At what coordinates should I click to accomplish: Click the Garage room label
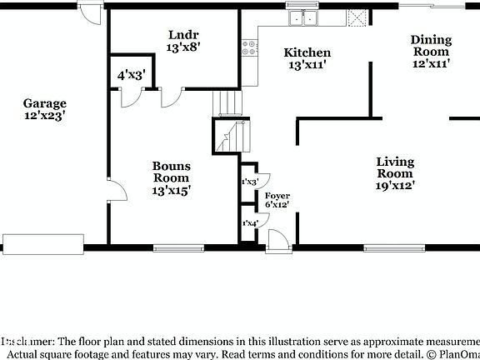click(45, 103)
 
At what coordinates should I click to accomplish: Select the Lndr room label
click(182, 35)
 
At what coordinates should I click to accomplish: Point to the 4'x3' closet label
click(131, 74)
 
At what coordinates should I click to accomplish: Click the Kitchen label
click(307, 52)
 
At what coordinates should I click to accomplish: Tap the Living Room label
click(395, 167)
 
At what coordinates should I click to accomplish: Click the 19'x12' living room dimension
click(395, 186)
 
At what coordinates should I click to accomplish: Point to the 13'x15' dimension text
click(171, 190)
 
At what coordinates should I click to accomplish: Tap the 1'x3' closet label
click(249, 182)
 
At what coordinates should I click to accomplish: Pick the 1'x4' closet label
click(249, 223)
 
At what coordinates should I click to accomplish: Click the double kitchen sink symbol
click(302, 17)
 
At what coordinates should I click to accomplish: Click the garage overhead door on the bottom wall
click(43, 243)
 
